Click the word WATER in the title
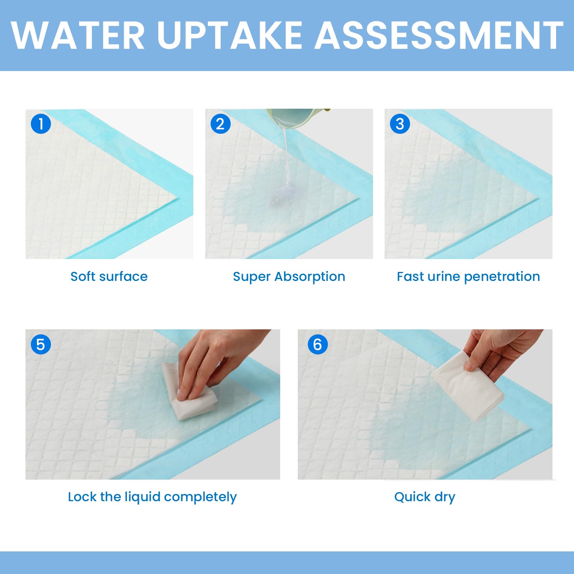point(78,35)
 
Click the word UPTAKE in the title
point(230,35)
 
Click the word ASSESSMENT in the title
point(438,35)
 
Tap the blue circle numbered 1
point(41,124)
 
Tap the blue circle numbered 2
point(220,124)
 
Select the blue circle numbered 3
point(400,124)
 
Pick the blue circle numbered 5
point(41,344)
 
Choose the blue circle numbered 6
point(317,344)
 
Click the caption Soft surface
point(109,277)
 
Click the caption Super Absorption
point(289,277)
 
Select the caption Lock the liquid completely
point(152,497)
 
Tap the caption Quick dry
point(425,497)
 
